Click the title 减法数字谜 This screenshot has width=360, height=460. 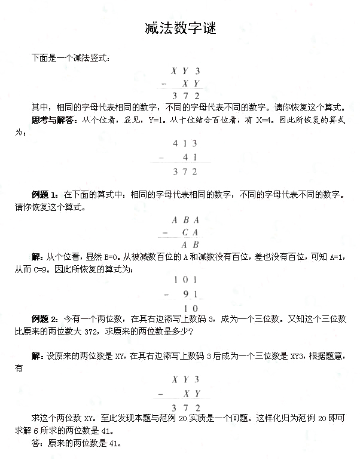[180, 28]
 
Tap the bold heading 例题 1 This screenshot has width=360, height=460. [45, 195]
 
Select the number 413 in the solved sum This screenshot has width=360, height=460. [185, 143]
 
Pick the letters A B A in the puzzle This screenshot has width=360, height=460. [185, 220]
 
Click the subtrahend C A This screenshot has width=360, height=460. [190, 232]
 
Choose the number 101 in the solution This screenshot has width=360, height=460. [185, 280]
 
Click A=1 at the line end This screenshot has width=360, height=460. [336, 257]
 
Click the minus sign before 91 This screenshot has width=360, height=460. [158, 295]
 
